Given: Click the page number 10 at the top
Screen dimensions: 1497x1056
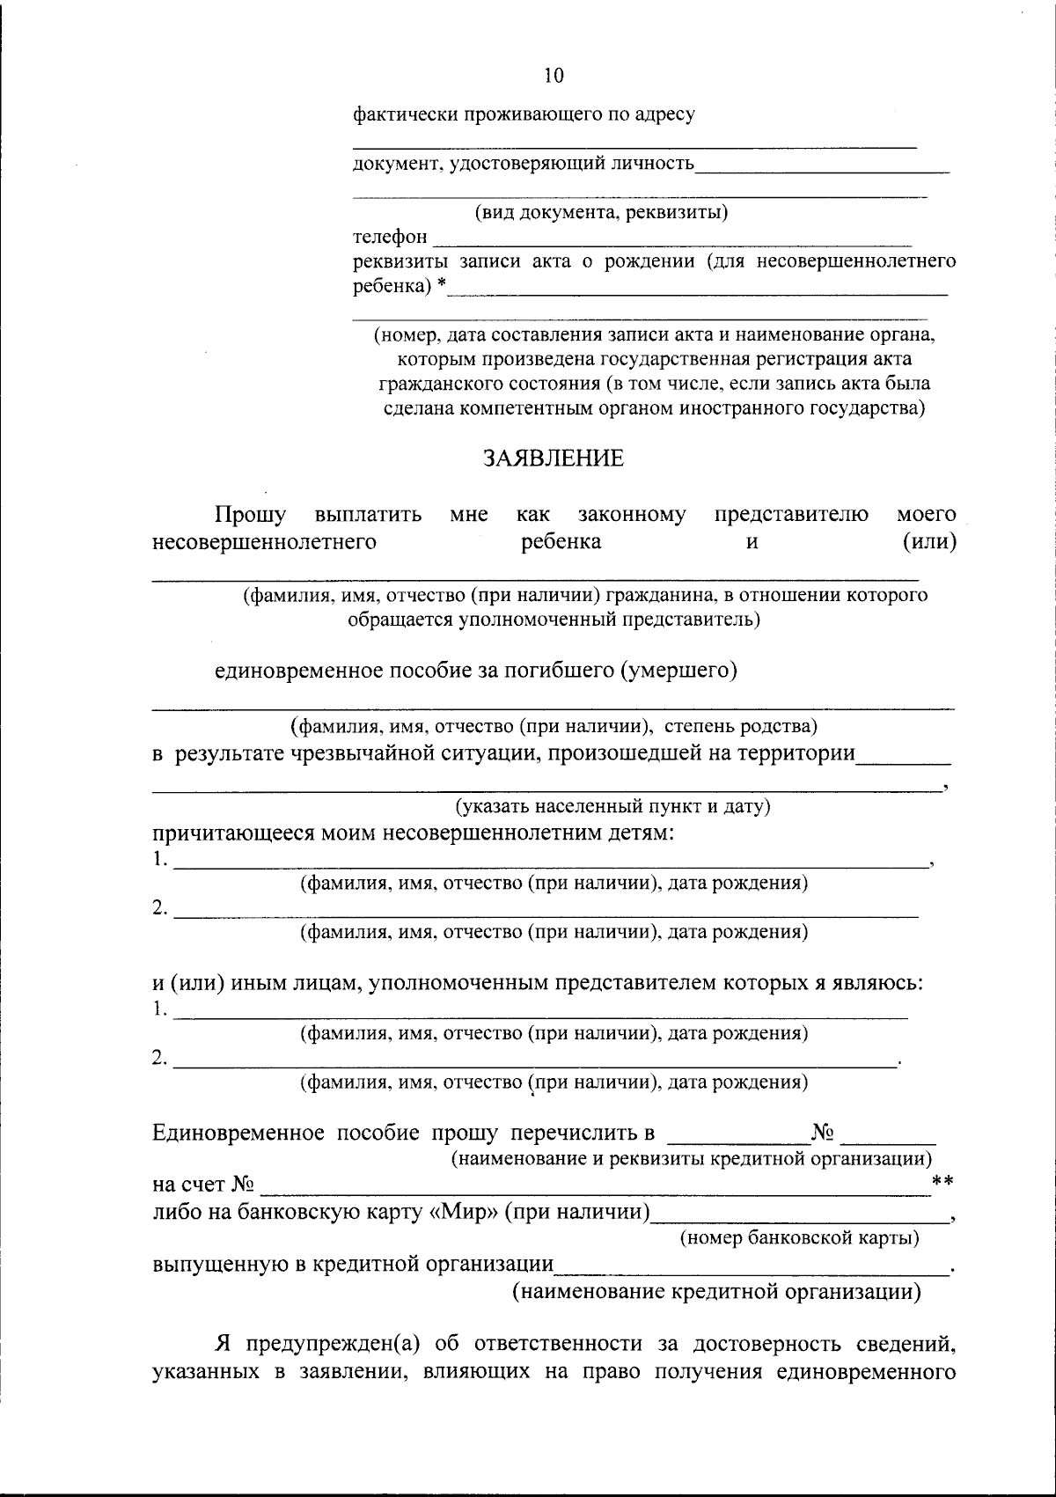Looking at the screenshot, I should coord(554,76).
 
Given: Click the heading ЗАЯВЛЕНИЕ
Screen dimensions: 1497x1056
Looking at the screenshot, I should coord(553,459).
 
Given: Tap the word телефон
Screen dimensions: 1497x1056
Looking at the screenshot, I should coord(390,237).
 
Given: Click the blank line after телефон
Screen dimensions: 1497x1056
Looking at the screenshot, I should coord(673,239).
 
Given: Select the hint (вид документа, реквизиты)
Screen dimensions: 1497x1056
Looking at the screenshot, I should coord(601,212).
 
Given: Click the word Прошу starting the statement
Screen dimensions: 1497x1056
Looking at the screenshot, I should coord(251,514).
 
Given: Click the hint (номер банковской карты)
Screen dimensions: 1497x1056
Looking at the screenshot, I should coord(800,1238).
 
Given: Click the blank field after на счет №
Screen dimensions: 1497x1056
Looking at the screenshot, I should coord(594,1188).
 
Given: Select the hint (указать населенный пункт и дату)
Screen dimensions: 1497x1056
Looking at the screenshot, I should coord(612,806).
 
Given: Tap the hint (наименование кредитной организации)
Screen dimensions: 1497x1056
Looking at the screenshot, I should coord(717,1292).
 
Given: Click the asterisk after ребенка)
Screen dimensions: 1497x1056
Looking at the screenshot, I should coord(442,284).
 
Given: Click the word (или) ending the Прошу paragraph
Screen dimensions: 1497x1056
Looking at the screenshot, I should coord(929,542).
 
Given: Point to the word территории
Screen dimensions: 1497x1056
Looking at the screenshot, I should coord(796,753).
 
